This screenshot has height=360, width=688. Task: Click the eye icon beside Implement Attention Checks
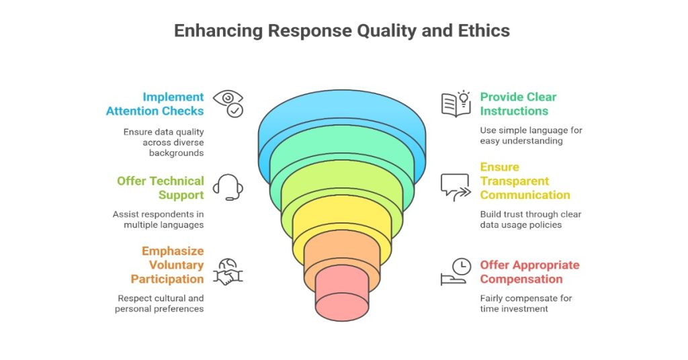228,103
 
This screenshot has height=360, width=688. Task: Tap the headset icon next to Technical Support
228,187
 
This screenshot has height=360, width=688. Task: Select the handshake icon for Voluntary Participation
228,271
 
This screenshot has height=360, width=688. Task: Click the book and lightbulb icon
456,103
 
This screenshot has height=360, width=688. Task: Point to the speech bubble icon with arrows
456,187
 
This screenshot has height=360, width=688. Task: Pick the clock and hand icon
456,271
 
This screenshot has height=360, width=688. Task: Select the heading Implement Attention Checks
155,103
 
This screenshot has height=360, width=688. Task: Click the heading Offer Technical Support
161,187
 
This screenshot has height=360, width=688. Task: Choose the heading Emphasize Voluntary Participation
168,265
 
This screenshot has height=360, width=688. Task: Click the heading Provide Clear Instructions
518,103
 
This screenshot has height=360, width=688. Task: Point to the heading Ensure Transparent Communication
525,181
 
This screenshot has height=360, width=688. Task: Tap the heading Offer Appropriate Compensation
529,271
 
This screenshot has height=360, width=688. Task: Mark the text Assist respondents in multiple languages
159,220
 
